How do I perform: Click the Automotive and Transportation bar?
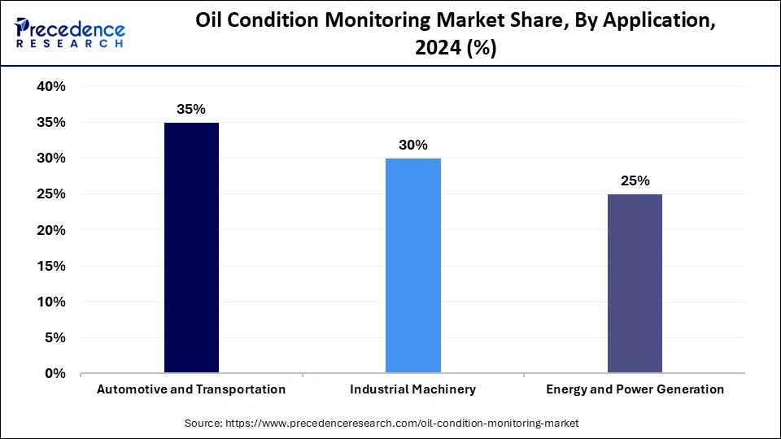click(191, 248)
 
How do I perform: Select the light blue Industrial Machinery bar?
click(412, 266)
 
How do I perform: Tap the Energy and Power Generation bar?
click(635, 284)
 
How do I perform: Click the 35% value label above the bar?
click(191, 108)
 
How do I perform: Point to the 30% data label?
click(412, 145)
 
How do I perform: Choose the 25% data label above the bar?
click(635, 180)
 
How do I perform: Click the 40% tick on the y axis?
click(50, 87)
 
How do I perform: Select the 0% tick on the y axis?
click(55, 374)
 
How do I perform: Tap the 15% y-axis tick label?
click(50, 267)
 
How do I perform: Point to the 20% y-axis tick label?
click(50, 230)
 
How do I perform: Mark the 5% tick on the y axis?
click(55, 338)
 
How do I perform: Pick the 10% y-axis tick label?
click(50, 302)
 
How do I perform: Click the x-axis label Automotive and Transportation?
click(191, 389)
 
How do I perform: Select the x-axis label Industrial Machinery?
click(412, 389)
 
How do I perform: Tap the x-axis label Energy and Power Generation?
click(635, 389)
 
